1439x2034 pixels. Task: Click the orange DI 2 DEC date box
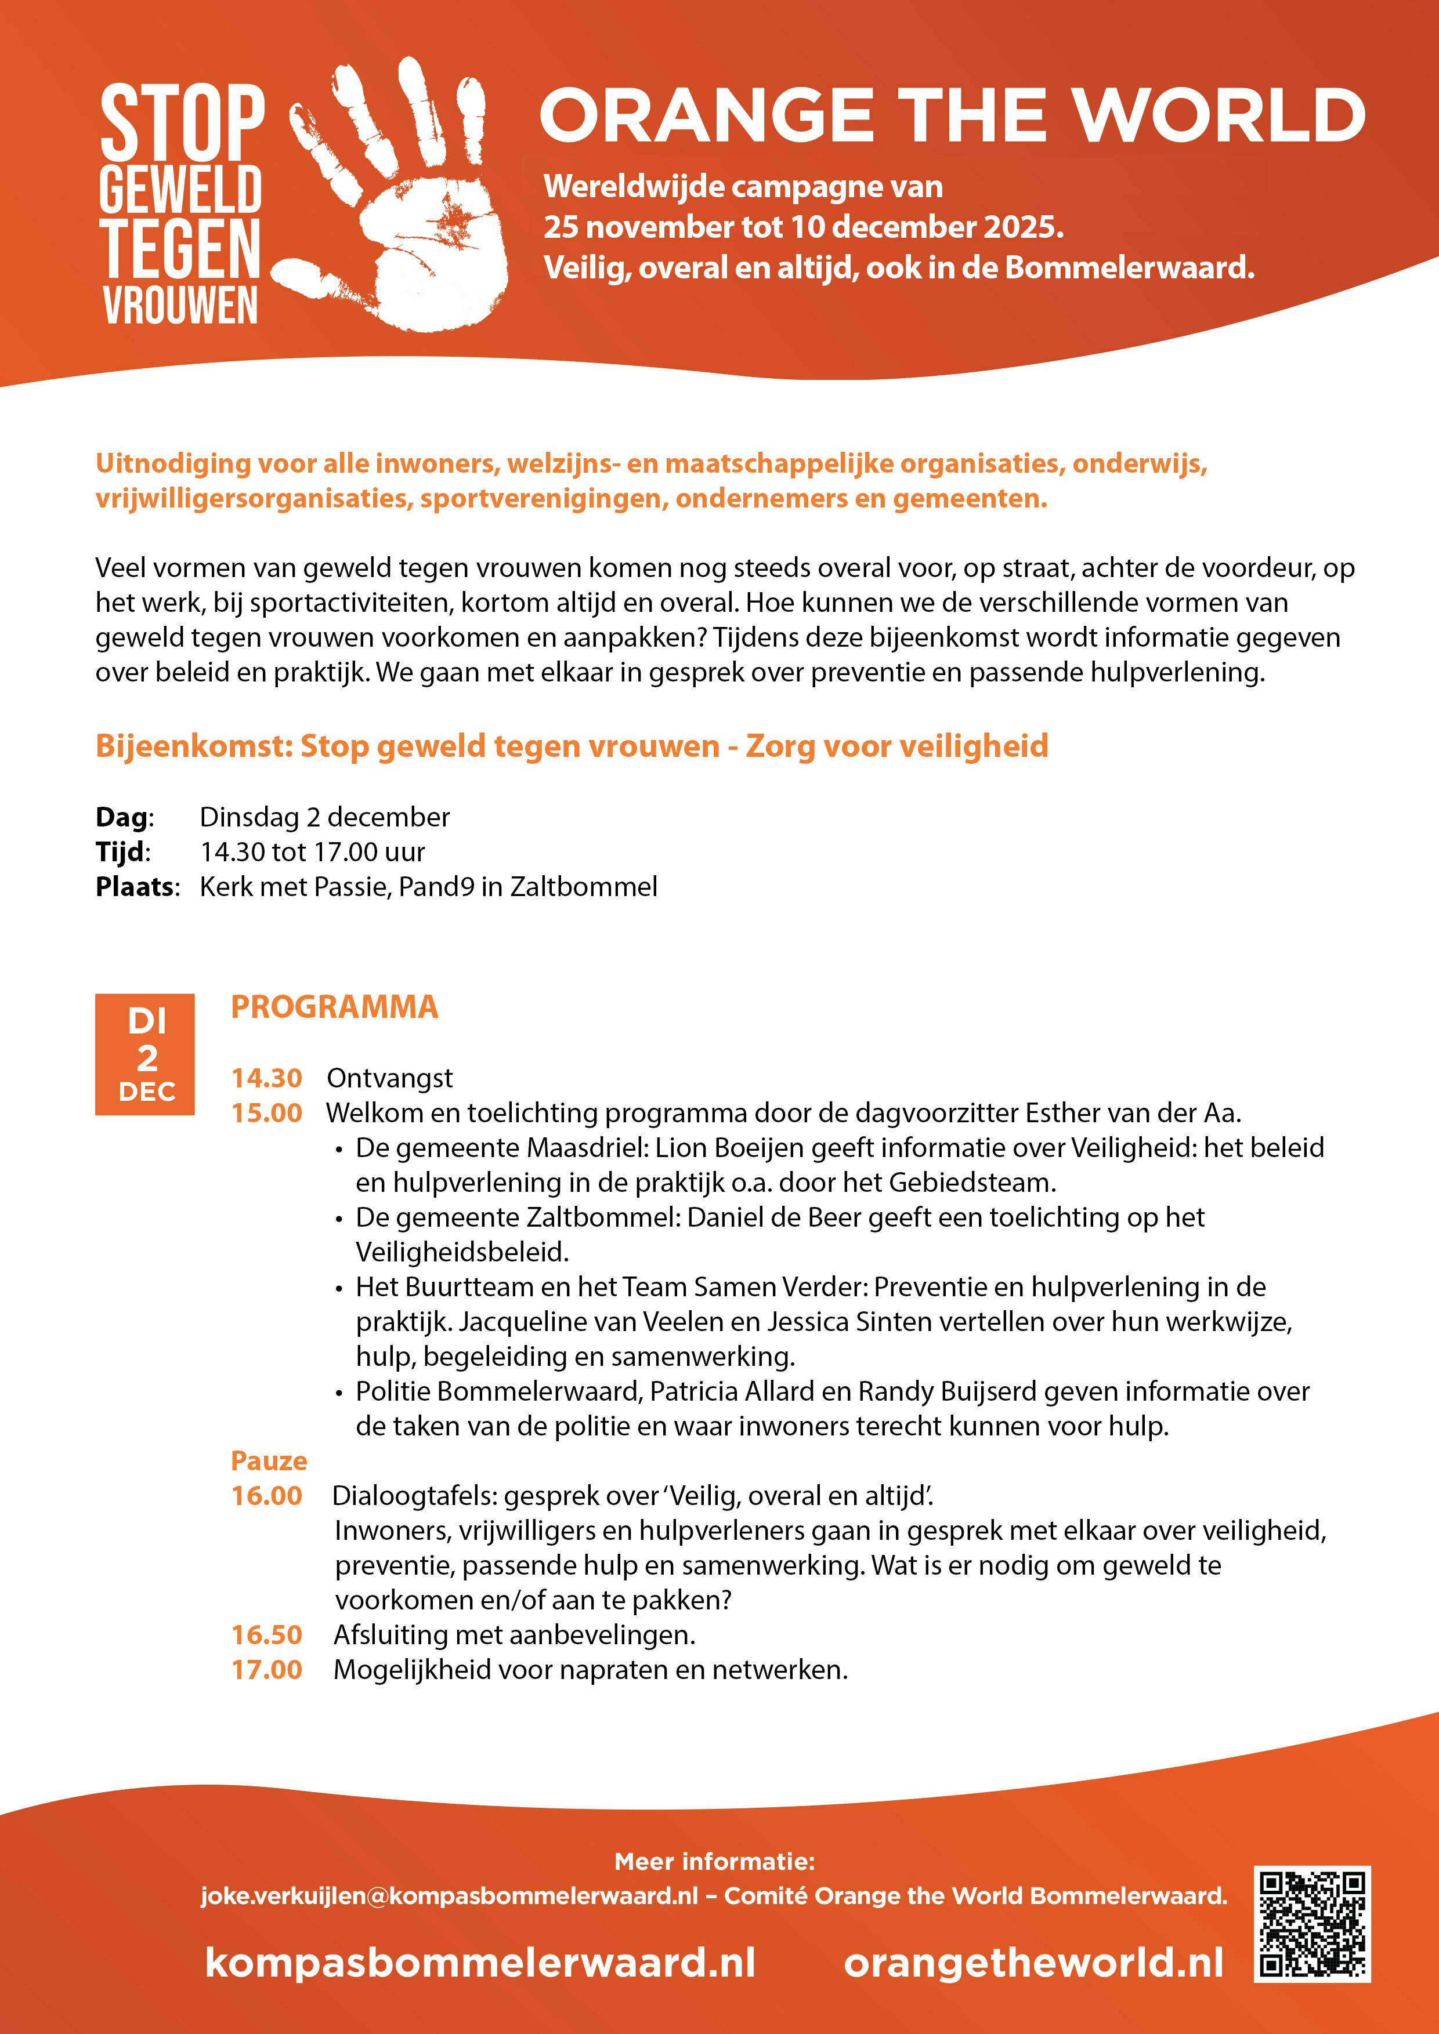pyautogui.click(x=145, y=1054)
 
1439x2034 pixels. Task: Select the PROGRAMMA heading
pyautogui.click(x=334, y=1007)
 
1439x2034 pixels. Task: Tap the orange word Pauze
pyautogui.click(x=269, y=1461)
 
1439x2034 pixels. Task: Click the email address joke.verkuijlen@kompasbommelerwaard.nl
pyautogui.click(x=449, y=1896)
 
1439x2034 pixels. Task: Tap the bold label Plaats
pyautogui.click(x=136, y=887)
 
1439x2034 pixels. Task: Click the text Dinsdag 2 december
pyautogui.click(x=324, y=817)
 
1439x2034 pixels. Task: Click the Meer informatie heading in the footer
pyautogui.click(x=714, y=1861)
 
